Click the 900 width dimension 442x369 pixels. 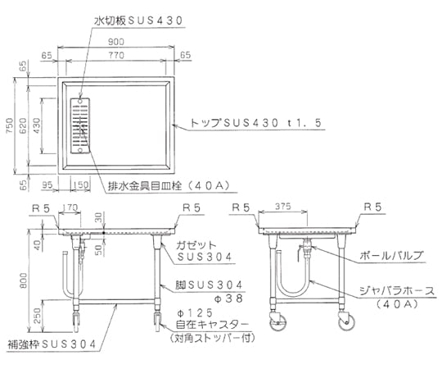click(x=116, y=42)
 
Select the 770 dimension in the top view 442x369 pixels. click(x=116, y=55)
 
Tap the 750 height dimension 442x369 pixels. click(x=9, y=126)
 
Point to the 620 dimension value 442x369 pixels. click(x=23, y=126)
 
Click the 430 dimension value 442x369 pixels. click(x=36, y=126)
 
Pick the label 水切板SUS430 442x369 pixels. click(x=138, y=20)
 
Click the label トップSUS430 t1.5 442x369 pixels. click(x=256, y=123)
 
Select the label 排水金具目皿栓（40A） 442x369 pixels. click(x=169, y=186)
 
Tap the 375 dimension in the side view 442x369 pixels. click(x=282, y=207)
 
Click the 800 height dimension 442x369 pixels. click(x=24, y=280)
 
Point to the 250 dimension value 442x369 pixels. click(x=37, y=316)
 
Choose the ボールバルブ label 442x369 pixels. click(x=392, y=256)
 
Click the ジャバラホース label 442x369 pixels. click(x=397, y=290)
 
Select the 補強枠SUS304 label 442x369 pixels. click(x=52, y=344)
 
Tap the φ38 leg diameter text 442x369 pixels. click(x=228, y=298)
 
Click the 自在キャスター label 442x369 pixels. click(x=212, y=325)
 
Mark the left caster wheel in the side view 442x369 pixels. click(x=277, y=322)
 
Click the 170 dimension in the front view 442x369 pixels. click(x=70, y=207)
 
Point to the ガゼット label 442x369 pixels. click(x=196, y=245)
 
